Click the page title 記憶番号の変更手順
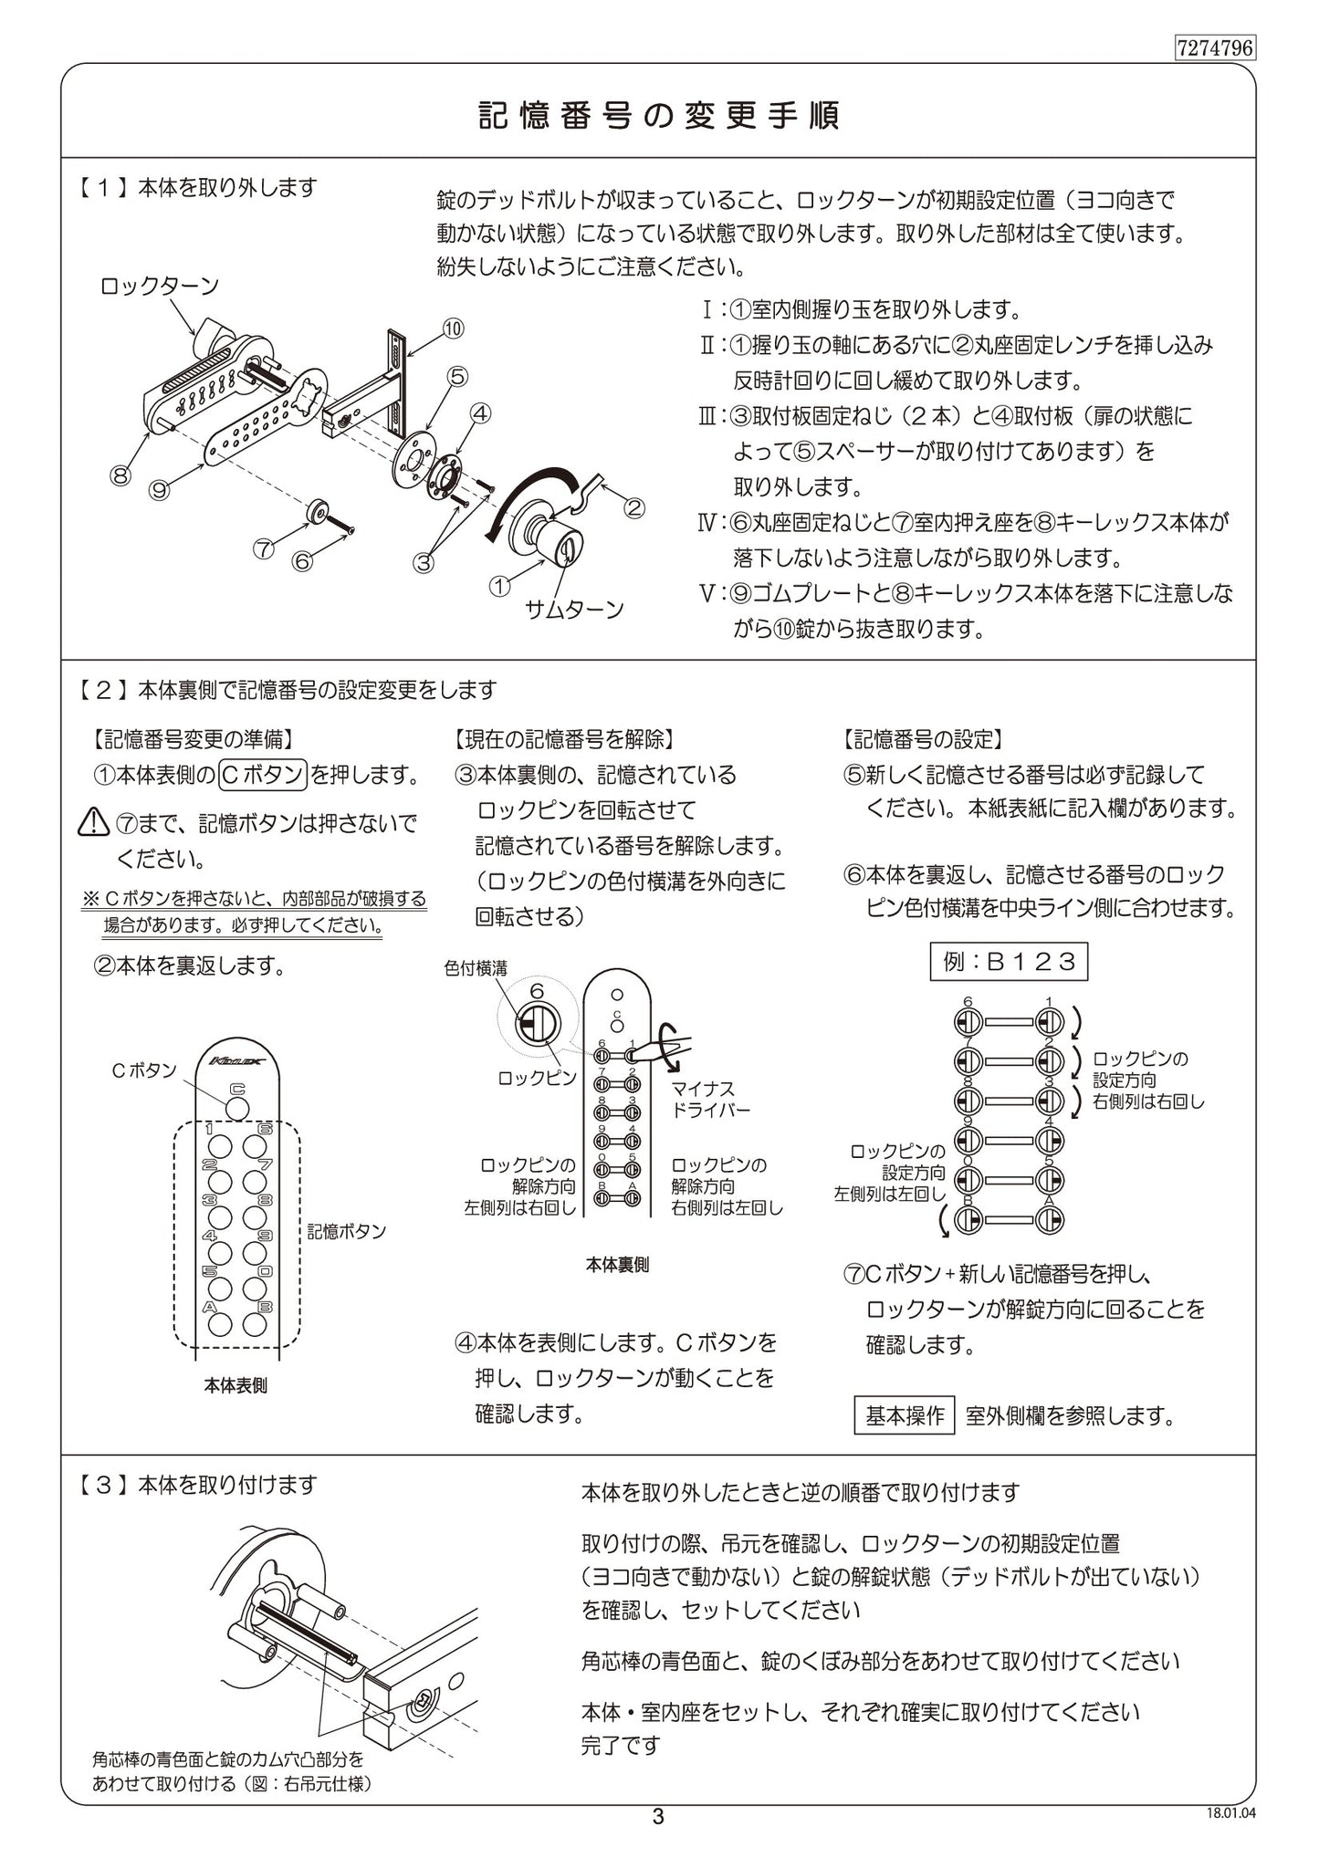(x=658, y=117)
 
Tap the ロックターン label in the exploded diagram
(x=160, y=287)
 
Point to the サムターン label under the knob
(x=574, y=609)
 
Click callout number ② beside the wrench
(x=633, y=508)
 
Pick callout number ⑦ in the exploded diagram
(x=263, y=548)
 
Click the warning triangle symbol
(x=94, y=824)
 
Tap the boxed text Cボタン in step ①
(x=263, y=775)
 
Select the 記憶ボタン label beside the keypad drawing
(x=346, y=1231)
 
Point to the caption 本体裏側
(x=617, y=1265)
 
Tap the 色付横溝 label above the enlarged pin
(x=476, y=969)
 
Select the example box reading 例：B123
(x=1009, y=961)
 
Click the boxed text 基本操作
(x=905, y=1416)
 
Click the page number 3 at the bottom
(x=658, y=1816)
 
